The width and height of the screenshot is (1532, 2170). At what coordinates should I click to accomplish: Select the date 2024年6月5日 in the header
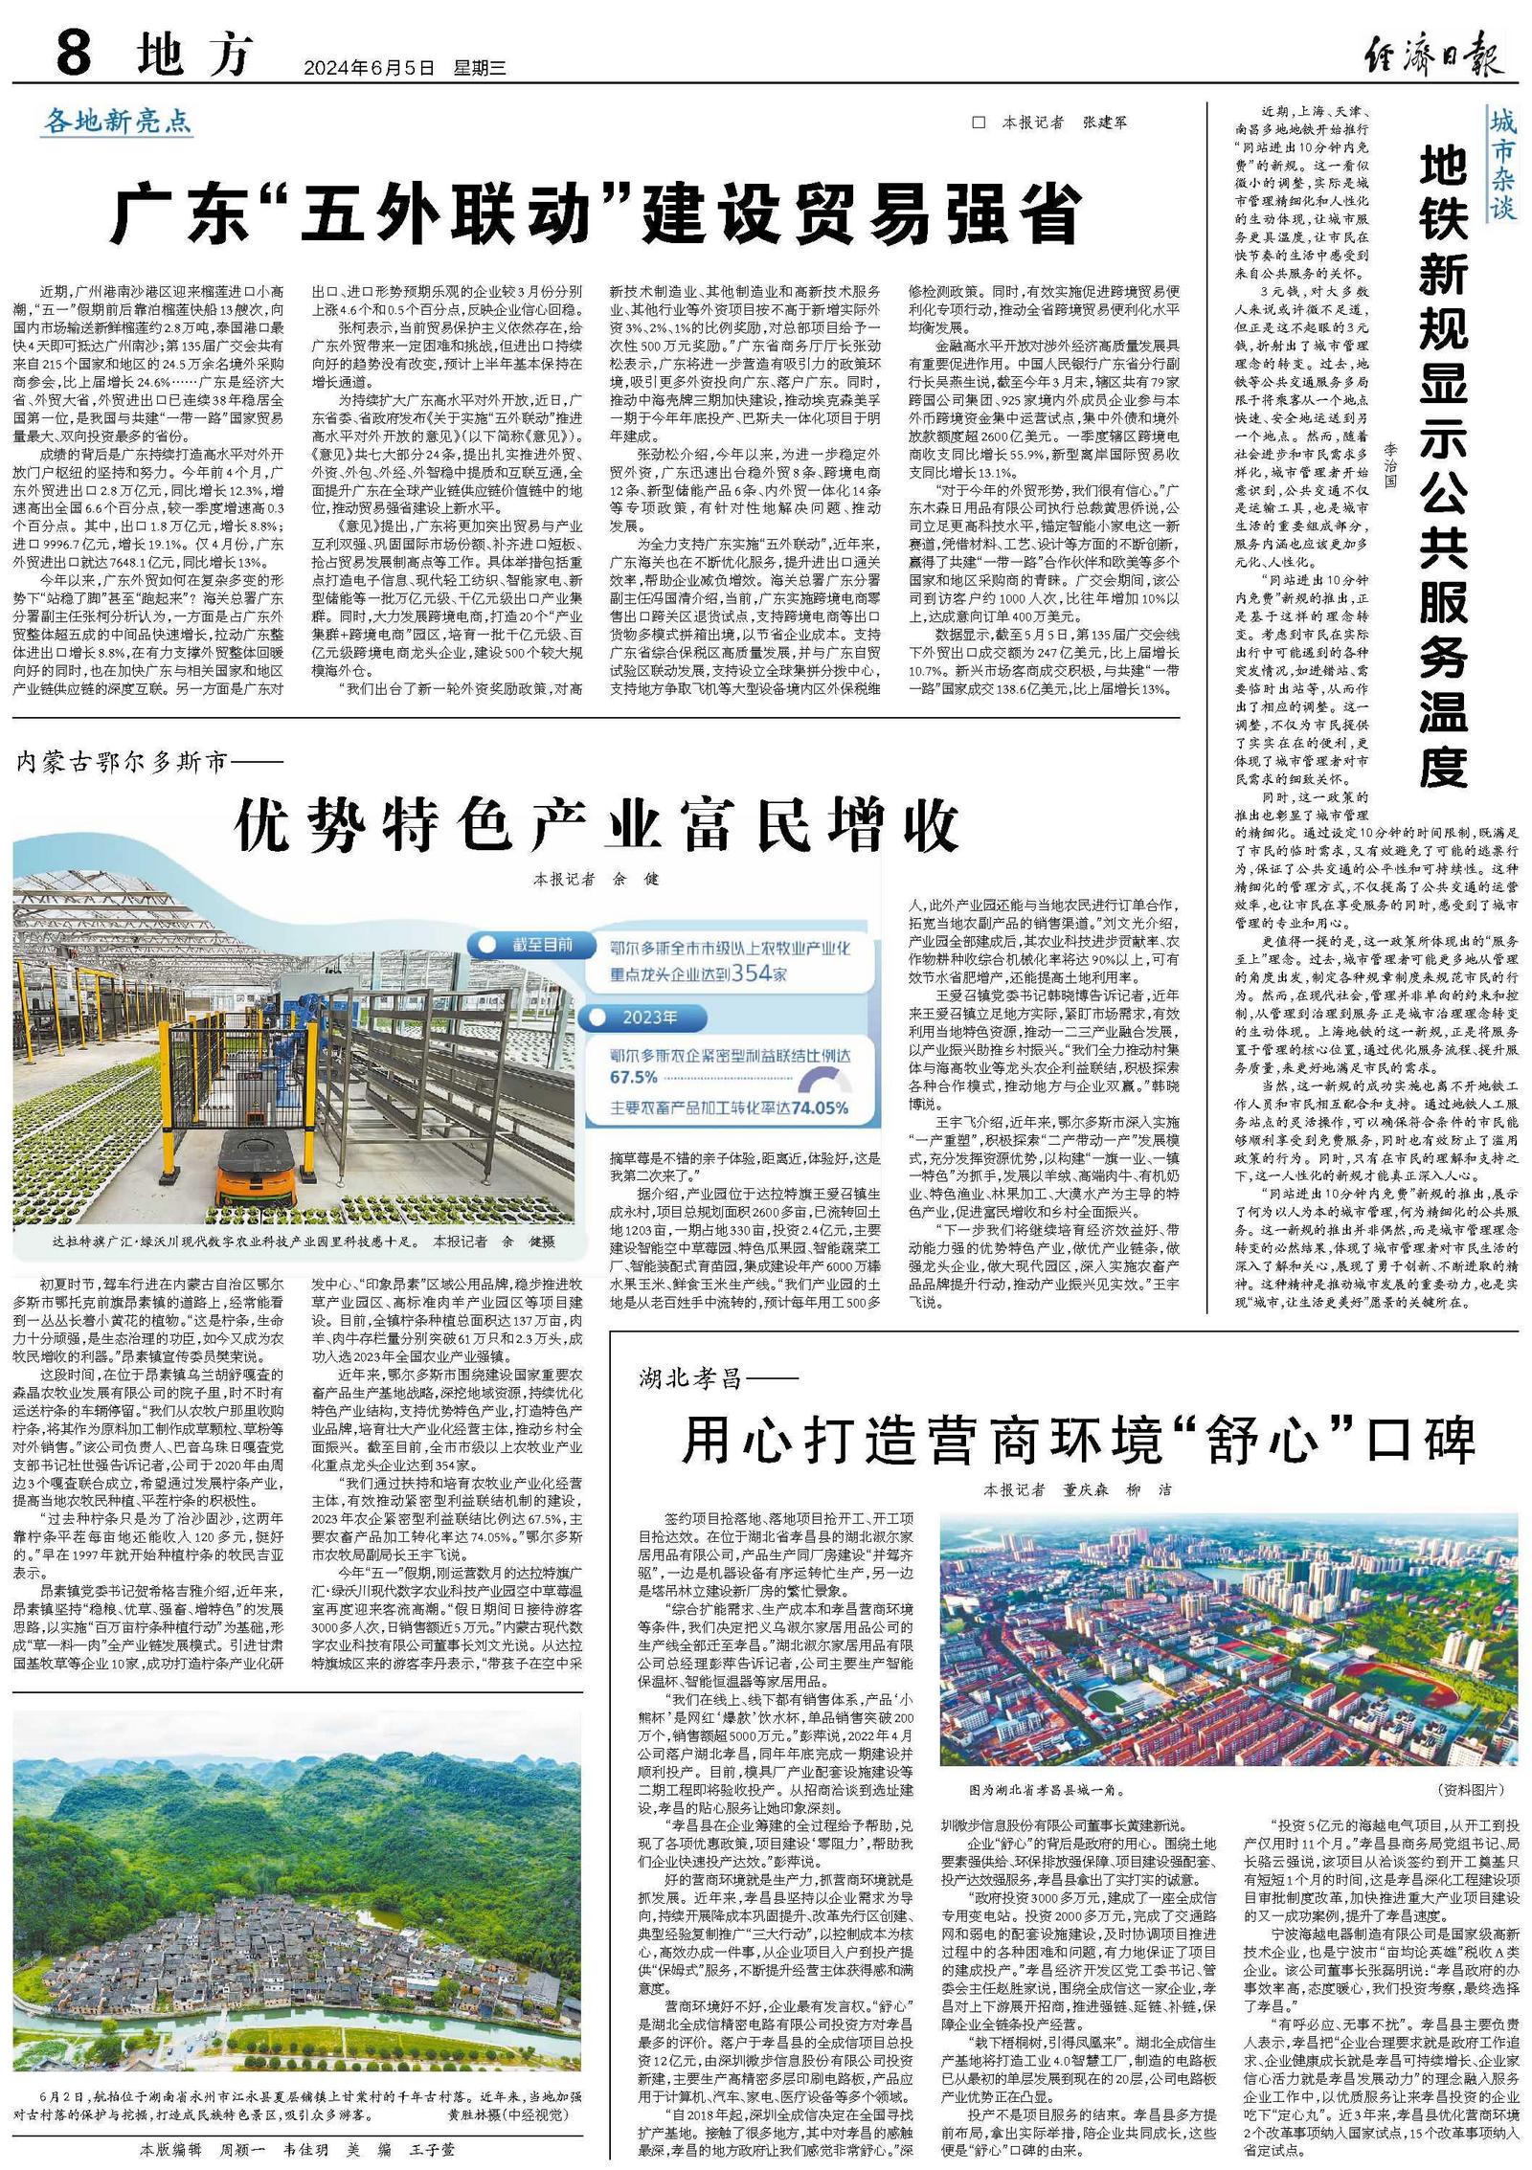pyautogui.click(x=369, y=68)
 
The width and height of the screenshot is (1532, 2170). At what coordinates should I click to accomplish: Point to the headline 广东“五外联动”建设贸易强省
pyautogui.click(x=596, y=215)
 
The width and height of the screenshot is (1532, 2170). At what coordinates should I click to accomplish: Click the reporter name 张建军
pyautogui.click(x=1104, y=123)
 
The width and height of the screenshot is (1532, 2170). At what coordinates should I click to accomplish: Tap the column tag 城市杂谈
pyautogui.click(x=1502, y=164)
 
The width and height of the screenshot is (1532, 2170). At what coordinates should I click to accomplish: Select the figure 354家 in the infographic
pyautogui.click(x=758, y=973)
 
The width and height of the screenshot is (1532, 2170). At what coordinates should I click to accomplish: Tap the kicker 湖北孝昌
pyautogui.click(x=690, y=1378)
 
